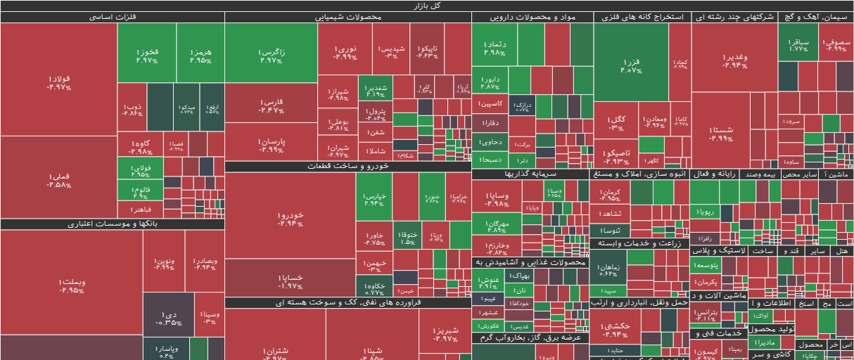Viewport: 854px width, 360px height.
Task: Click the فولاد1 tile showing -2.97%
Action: coord(58,82)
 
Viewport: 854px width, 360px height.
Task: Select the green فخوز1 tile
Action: coord(146,53)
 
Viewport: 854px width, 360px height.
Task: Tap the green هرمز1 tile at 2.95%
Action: coord(200,53)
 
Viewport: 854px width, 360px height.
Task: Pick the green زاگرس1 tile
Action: coord(271,53)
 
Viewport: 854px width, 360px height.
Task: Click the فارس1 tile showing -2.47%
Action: coord(271,105)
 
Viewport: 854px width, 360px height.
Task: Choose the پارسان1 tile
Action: coord(271,145)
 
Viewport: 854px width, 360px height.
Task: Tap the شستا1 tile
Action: coord(720,134)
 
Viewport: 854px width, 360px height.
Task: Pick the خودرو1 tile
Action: coord(290,218)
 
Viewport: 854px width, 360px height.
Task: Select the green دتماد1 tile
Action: coord(495,46)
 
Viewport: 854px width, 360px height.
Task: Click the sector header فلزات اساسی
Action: coord(113,17)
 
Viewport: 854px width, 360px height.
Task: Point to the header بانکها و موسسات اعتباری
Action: coord(113,224)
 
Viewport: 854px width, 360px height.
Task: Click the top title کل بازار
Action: coord(426,5)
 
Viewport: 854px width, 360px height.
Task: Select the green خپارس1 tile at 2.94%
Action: coord(374,199)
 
